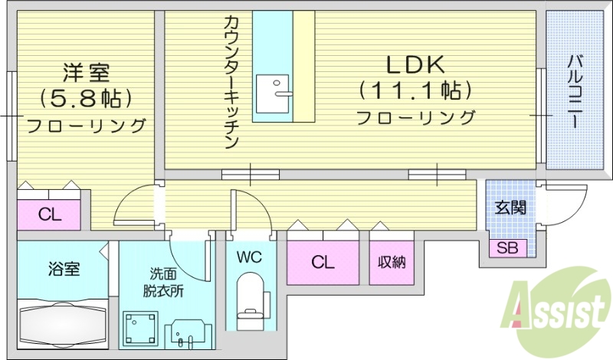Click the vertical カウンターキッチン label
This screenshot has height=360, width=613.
coord(232,80)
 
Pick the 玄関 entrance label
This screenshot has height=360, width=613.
coord(510,207)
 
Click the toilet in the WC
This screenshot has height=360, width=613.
coord(251,300)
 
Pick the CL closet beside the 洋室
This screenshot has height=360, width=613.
coord(50,215)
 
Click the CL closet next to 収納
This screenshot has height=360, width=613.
coord(323,262)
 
